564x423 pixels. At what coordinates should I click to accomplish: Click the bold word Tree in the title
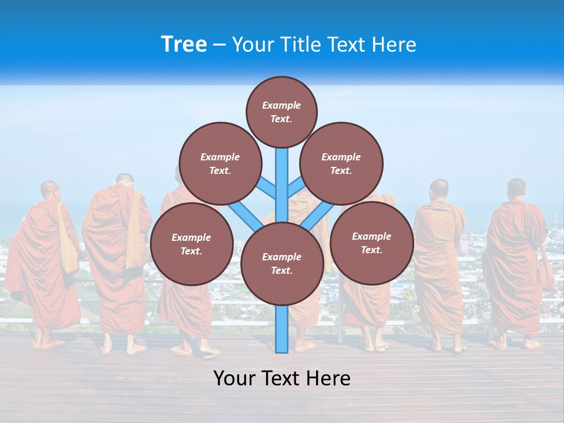pos(184,45)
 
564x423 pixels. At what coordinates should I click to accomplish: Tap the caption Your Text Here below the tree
pos(282,378)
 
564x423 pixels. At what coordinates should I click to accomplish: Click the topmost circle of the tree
pos(281,112)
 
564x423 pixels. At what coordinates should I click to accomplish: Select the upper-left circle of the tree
pos(220,163)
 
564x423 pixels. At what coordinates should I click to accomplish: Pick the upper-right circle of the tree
pos(341,163)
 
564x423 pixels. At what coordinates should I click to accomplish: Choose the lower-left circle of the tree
pos(192,244)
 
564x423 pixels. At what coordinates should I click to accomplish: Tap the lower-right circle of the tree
pos(371,243)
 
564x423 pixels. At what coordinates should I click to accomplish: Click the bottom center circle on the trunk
pos(282,263)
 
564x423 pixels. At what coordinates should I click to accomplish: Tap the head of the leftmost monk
pos(49,190)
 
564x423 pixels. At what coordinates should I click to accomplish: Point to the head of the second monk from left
pos(125,180)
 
